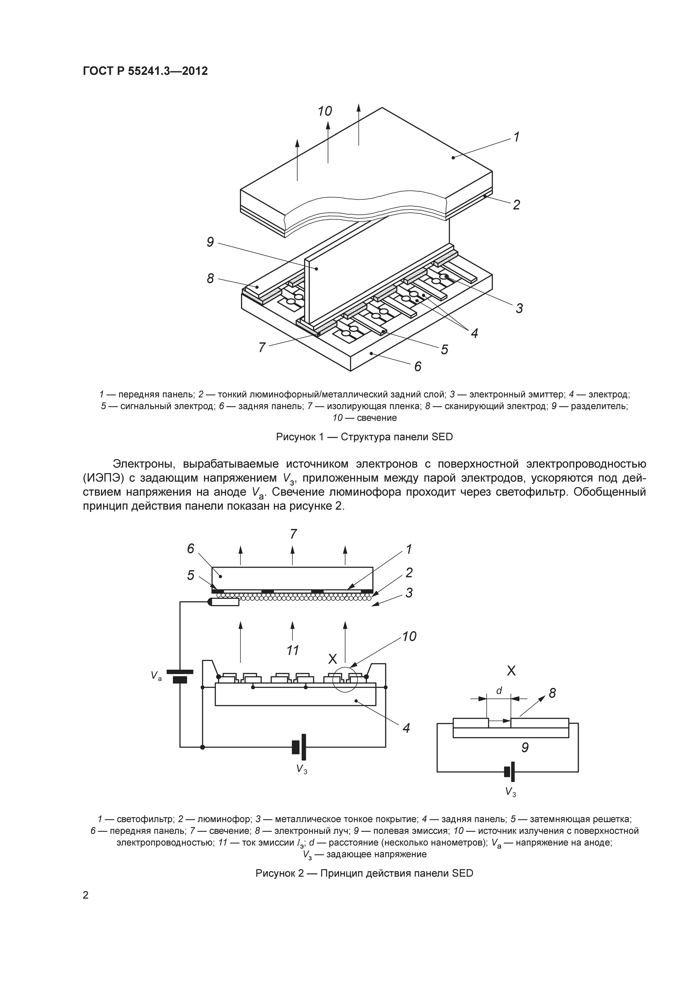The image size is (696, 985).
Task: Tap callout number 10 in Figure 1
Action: (325, 111)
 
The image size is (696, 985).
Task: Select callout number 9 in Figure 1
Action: (210, 242)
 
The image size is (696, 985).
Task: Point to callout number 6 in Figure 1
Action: (418, 366)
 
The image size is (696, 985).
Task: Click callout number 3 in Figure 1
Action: (519, 308)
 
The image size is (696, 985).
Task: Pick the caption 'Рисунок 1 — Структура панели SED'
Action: (364, 437)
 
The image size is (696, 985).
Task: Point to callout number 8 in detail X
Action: (552, 693)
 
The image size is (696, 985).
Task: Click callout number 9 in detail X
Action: (525, 747)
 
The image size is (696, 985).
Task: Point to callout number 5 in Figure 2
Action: (191, 576)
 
